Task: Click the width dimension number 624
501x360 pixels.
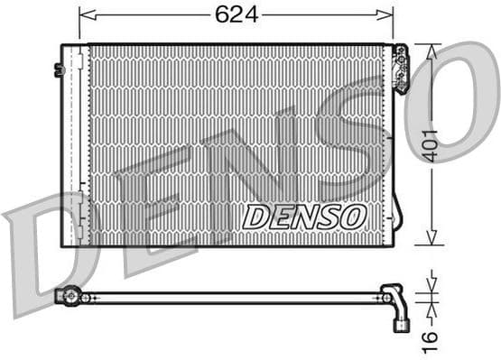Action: (237, 14)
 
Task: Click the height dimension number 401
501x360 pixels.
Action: (433, 143)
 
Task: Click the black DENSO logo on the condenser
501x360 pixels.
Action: (304, 217)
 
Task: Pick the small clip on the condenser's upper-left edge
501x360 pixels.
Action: (59, 69)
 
